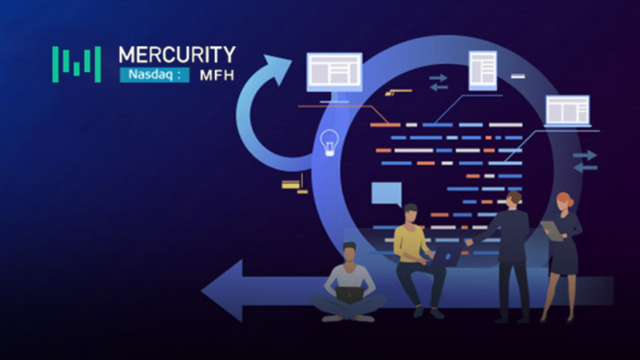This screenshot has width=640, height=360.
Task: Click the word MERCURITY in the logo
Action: tap(177, 54)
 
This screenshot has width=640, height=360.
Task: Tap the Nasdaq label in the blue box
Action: tap(147, 76)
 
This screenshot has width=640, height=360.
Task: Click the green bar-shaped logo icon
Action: tap(77, 64)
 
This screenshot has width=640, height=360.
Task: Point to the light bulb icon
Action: tap(327, 142)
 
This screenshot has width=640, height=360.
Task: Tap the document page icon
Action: tap(482, 70)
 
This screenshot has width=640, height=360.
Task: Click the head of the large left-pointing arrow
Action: tap(220, 289)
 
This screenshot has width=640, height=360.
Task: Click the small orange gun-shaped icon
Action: tap(392, 93)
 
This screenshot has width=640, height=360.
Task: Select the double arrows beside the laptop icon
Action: tap(585, 161)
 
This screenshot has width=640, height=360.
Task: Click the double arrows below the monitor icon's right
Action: tap(438, 82)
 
